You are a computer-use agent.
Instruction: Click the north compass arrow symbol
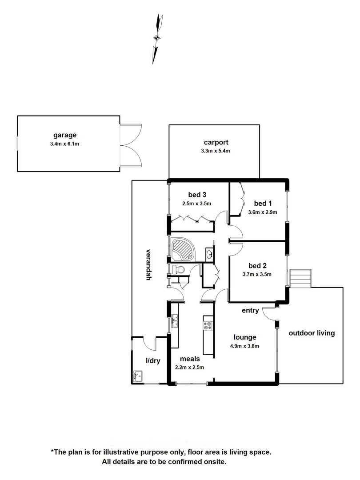pos(157,38)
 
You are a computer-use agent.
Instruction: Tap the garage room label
pos(65,135)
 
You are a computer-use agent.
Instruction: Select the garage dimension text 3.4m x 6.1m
pos(65,144)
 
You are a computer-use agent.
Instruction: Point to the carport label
pos(216,143)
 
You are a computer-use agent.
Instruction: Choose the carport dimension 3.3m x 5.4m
pos(216,151)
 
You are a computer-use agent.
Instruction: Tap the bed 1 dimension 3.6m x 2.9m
pos(262,212)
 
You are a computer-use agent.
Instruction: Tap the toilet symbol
pos(178,269)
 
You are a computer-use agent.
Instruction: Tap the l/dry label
pos(152,361)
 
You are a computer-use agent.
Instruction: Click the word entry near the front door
pos(250,311)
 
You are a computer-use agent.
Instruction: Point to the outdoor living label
pos(312,333)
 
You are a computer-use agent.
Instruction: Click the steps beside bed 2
pos(301,279)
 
